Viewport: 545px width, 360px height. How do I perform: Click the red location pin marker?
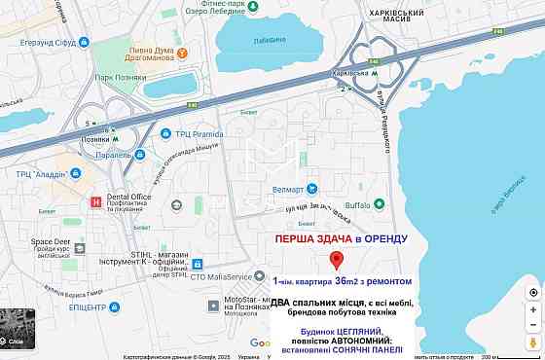pyautogui.click(x=337, y=260)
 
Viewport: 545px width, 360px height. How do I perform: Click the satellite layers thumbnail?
pyautogui.click(x=18, y=330)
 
